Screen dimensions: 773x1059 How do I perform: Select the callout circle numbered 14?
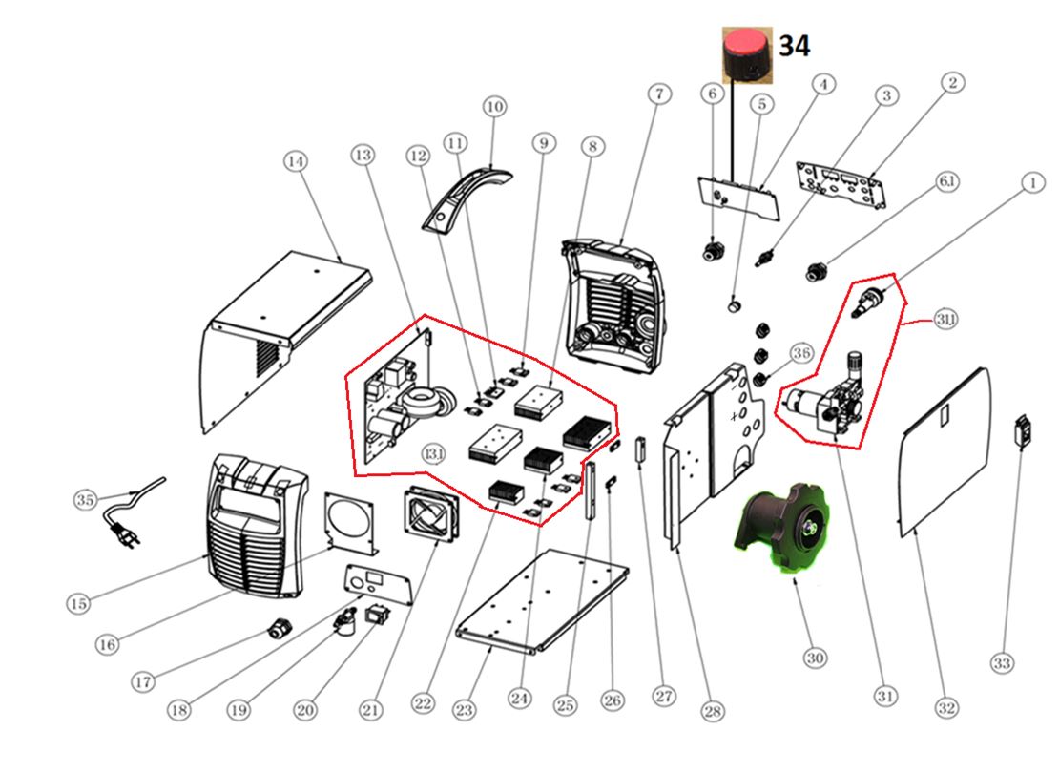pyautogui.click(x=296, y=162)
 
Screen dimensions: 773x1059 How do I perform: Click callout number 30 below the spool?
pyautogui.click(x=816, y=657)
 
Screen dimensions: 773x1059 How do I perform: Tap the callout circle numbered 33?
pyautogui.click(x=1002, y=662)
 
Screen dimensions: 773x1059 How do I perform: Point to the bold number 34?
pyautogui.click(x=794, y=45)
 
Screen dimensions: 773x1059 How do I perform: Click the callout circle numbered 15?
pyautogui.click(x=79, y=602)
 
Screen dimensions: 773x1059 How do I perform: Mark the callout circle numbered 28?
pyautogui.click(x=712, y=711)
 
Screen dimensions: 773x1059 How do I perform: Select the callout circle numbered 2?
pyautogui.click(x=951, y=84)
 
